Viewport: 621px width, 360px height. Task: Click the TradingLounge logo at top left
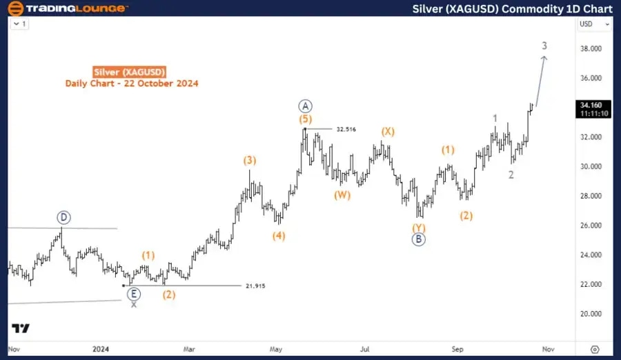pos(68,8)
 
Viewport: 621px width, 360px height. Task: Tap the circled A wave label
pos(306,106)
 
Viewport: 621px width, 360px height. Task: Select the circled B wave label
pos(418,239)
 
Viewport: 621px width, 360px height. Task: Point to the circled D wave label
pos(63,218)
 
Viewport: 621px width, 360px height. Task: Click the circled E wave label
pos(133,293)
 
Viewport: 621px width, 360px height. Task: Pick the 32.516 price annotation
pos(346,129)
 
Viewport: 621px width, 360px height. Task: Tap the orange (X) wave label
pos(388,132)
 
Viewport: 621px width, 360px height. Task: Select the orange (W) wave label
pos(343,194)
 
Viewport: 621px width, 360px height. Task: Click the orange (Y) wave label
pos(419,227)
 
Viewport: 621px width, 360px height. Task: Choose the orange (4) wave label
pos(278,235)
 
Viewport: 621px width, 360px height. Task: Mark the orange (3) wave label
pos(250,161)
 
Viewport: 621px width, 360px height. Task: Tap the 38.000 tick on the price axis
pos(589,49)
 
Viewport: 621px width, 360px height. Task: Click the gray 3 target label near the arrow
pos(544,46)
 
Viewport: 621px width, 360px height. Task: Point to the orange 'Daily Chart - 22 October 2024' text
pos(132,83)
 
